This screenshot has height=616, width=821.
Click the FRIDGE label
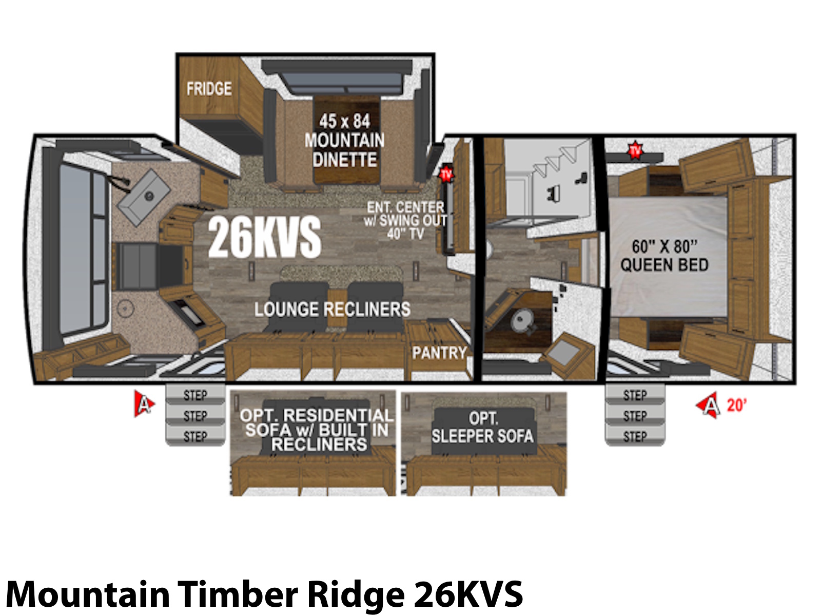[209, 89]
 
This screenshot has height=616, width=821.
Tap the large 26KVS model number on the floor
[264, 238]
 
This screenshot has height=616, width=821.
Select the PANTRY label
[439, 353]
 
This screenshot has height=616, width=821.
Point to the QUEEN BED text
[664, 265]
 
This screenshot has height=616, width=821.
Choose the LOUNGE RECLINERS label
[332, 310]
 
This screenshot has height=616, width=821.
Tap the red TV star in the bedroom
[635, 151]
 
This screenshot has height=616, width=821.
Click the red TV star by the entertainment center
[446, 174]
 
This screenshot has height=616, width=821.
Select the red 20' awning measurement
[736, 405]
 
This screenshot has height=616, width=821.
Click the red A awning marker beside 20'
[709, 406]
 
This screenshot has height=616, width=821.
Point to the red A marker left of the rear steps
[144, 403]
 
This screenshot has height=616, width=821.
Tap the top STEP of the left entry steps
[196, 395]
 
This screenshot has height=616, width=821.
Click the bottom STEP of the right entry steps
[635, 436]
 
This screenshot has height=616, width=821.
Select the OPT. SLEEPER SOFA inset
[482, 428]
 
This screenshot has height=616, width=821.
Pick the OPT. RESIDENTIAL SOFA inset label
[317, 430]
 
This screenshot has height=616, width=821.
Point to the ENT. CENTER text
[405, 207]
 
